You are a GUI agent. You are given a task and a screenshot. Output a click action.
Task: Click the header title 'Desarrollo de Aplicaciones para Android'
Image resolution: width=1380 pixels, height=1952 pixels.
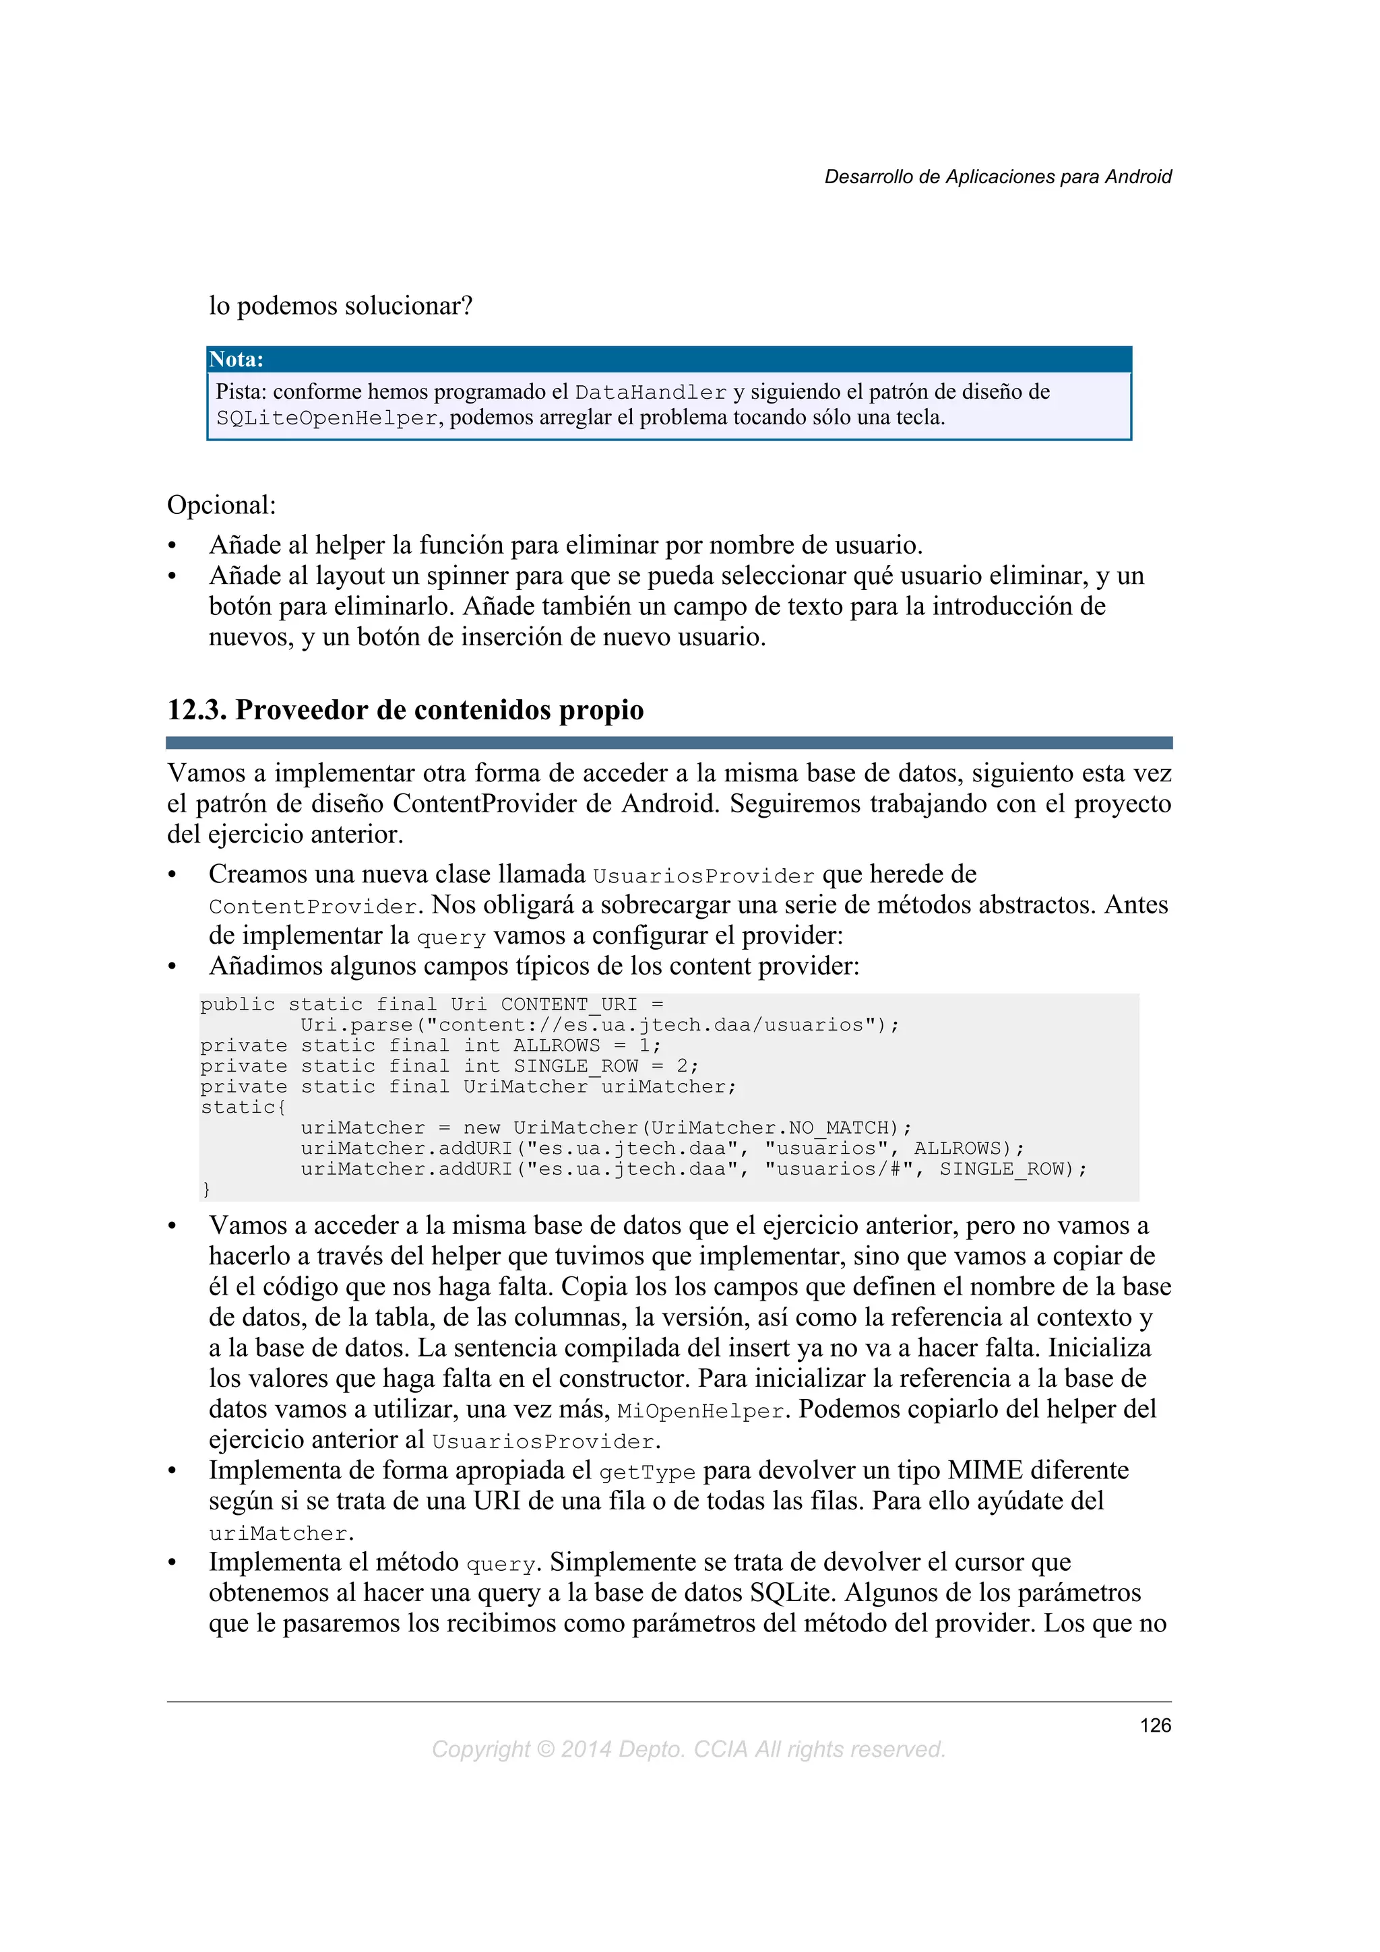[997, 177]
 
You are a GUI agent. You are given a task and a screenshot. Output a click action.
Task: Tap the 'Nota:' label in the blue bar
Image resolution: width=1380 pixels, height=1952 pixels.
[237, 360]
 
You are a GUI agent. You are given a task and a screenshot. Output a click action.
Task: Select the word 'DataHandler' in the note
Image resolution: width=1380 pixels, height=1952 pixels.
[650, 393]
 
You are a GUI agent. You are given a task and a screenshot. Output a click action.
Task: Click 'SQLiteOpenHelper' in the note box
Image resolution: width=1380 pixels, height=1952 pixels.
[327, 418]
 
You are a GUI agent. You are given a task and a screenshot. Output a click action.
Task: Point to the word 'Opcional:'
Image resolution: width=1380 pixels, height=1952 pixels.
[221, 505]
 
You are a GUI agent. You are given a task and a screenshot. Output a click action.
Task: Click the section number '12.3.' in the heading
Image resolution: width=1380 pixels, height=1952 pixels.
[196, 710]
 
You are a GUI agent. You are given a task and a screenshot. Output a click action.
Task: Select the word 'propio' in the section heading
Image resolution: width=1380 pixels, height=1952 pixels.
[604, 710]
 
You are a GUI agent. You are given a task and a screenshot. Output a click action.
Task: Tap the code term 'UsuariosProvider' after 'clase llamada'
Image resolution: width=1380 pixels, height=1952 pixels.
[703, 876]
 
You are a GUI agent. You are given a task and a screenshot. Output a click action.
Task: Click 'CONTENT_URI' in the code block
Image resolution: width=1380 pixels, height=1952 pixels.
[569, 1004]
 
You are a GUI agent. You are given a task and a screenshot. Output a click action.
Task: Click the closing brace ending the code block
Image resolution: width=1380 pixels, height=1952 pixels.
[206, 1190]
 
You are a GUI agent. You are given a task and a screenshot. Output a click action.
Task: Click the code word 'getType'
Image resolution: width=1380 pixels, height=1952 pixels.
[647, 1472]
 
